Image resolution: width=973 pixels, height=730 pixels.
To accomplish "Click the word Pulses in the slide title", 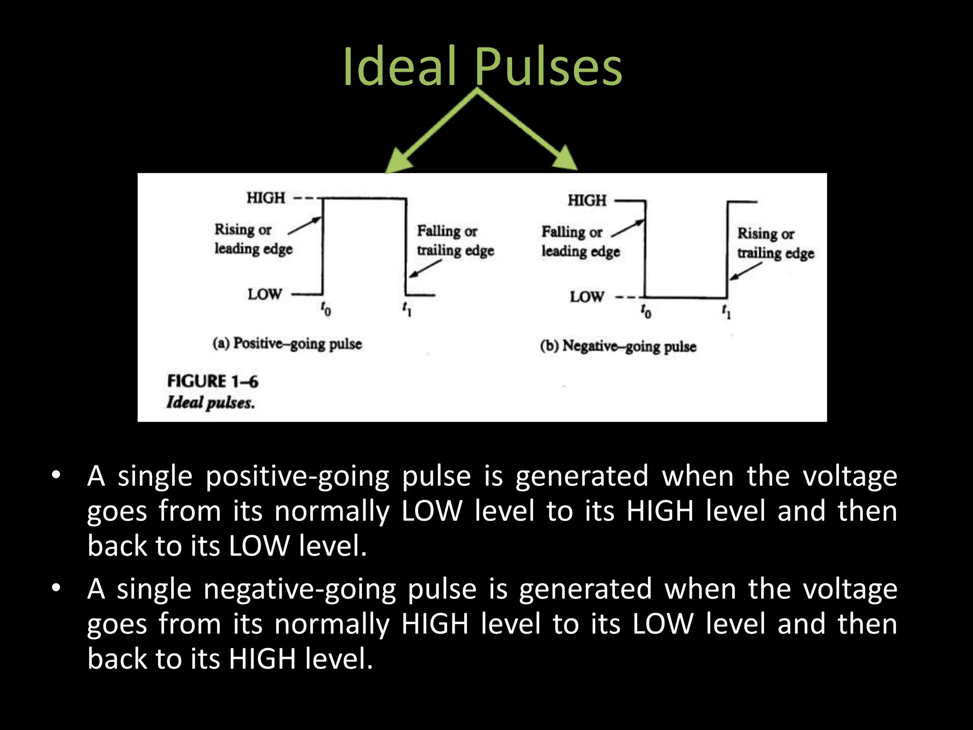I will pos(548,67).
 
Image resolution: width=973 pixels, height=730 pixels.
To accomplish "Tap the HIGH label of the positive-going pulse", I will pos(266,197).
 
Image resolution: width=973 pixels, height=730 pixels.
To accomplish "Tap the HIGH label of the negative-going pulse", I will pos(587,200).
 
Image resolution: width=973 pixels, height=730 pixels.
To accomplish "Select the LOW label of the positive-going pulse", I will pos(265,294).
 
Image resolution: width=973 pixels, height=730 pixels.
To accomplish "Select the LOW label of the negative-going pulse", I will pos(587,297).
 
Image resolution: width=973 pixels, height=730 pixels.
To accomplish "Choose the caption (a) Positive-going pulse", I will pos(287,343).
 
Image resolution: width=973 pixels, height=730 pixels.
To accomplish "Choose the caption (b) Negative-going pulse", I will pos(618,346).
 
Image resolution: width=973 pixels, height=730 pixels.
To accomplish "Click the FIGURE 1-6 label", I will pos(212,381).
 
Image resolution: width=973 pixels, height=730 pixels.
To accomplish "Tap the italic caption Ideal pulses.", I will pos(210,403).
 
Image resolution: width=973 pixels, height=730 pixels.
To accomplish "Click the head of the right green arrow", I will pos(566,160).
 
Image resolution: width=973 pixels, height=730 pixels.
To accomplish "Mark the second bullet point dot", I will pos(56,588).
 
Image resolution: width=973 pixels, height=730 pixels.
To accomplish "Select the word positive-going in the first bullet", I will pos(297,476).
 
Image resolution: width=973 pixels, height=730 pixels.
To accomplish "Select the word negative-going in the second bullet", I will pos(299,589).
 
